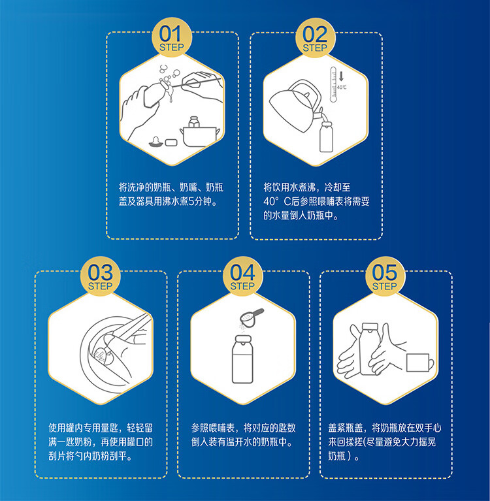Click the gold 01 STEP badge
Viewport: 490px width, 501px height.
(x=172, y=37)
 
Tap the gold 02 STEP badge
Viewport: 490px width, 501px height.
(x=315, y=38)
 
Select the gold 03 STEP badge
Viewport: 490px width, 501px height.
(x=101, y=276)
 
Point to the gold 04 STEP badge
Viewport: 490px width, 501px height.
(x=242, y=276)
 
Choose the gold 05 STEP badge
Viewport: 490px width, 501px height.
(x=385, y=276)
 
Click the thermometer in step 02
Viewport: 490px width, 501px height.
(x=333, y=84)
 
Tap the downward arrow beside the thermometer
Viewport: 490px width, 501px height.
(x=341, y=76)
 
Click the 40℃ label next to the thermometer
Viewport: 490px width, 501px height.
(x=342, y=88)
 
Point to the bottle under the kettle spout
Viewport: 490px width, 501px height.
(x=326, y=137)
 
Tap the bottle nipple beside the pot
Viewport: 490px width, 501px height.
(x=155, y=142)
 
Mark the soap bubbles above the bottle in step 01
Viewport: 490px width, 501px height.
(x=169, y=74)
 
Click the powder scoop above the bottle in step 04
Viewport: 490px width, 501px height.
(x=252, y=317)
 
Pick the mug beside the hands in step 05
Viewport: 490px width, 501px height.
(x=419, y=363)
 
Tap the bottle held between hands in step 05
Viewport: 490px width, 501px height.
(x=369, y=349)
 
